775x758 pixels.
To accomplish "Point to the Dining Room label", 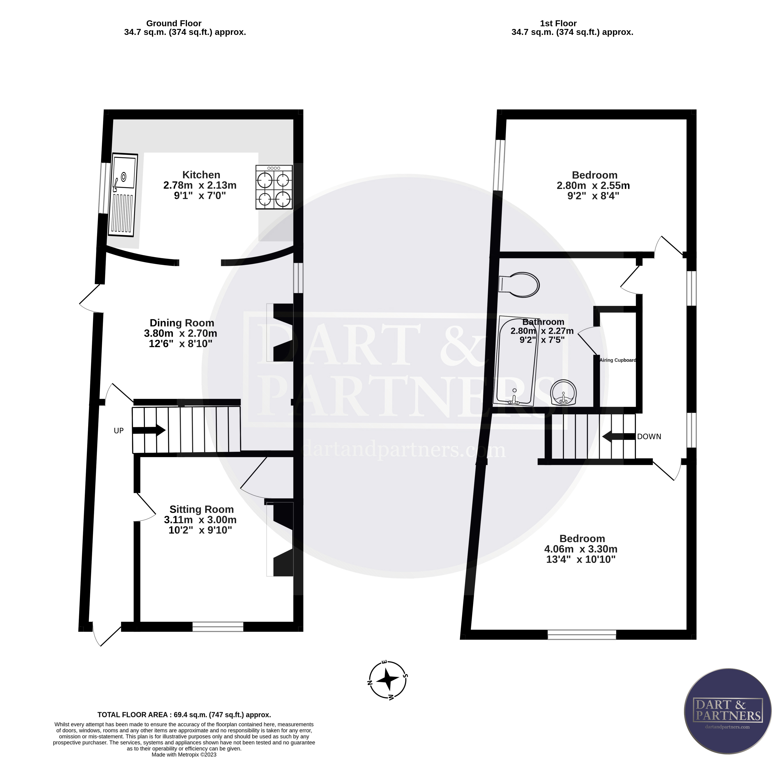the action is (x=182, y=323).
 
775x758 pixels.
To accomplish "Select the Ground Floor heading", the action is (x=174, y=23).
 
